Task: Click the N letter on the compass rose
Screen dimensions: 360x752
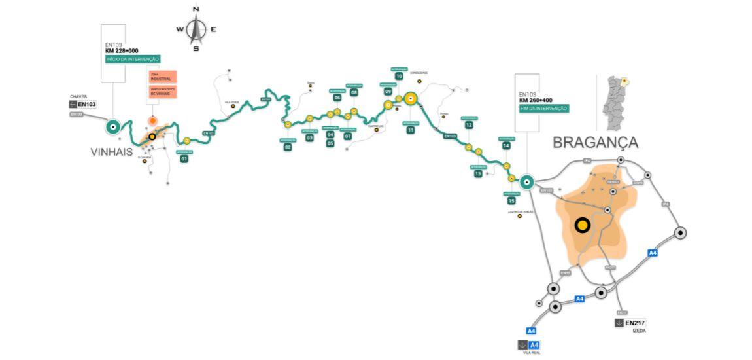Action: (196, 9)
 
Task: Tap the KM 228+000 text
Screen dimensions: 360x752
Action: (122, 50)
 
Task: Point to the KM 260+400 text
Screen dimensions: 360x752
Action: (536, 100)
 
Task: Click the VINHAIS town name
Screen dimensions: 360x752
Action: (111, 152)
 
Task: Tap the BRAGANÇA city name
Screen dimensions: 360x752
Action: (595, 142)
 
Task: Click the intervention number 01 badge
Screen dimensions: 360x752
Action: (184, 159)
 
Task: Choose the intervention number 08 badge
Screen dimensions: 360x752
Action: (354, 93)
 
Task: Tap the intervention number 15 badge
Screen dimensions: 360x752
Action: (511, 201)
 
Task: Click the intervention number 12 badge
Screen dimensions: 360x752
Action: (469, 125)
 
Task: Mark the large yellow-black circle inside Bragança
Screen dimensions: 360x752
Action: (582, 225)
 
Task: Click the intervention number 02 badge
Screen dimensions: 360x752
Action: (288, 147)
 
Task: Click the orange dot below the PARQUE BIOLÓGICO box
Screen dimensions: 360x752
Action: (152, 120)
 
